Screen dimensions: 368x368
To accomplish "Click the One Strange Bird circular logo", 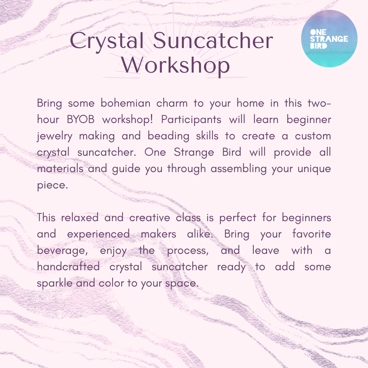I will pyautogui.click(x=329, y=39).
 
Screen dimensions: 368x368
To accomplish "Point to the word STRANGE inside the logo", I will pyautogui.click(x=329, y=39).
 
